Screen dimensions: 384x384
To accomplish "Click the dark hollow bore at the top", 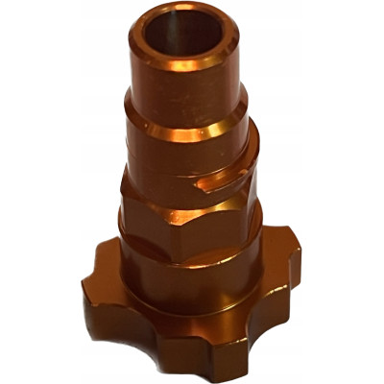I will [x=182, y=36].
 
